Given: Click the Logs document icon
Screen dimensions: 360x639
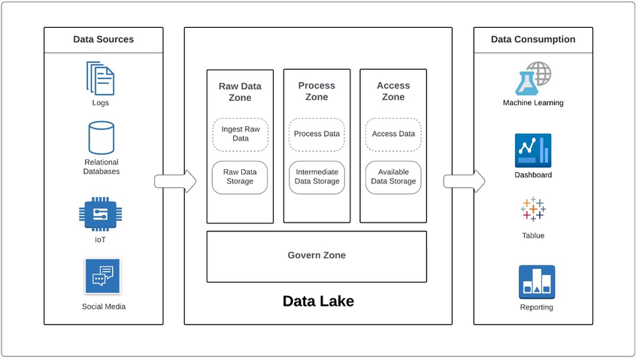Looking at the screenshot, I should click(101, 78).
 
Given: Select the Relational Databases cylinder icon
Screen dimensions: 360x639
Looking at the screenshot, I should click(101, 138).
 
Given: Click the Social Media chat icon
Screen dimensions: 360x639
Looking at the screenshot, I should click(102, 277).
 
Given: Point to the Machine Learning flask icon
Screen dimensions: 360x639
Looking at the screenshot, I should click(532, 79).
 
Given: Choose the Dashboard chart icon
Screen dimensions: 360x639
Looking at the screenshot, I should click(533, 150).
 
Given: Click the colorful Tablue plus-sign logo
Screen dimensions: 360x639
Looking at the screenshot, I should click(533, 209).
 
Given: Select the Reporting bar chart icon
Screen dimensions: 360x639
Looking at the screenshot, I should click(537, 282).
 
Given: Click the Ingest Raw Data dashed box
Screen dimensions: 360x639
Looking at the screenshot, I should click(240, 135).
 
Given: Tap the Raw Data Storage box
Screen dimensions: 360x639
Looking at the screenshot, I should click(240, 177).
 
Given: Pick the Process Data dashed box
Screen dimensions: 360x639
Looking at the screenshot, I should click(316, 135).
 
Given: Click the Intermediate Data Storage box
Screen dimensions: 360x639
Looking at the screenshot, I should click(316, 177).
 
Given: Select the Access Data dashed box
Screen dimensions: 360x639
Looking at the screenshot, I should click(393, 135).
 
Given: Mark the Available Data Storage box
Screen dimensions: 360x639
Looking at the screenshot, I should click(393, 177).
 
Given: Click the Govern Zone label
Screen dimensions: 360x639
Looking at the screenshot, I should click(316, 256).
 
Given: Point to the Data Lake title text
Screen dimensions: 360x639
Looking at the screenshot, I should click(318, 301).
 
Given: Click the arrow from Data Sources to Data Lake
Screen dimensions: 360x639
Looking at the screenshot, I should click(174, 181).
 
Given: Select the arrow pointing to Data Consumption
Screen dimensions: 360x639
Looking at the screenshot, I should click(463, 181).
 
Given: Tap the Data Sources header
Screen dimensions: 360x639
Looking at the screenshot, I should click(103, 40).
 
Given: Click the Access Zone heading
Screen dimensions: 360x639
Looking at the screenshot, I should click(393, 92).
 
